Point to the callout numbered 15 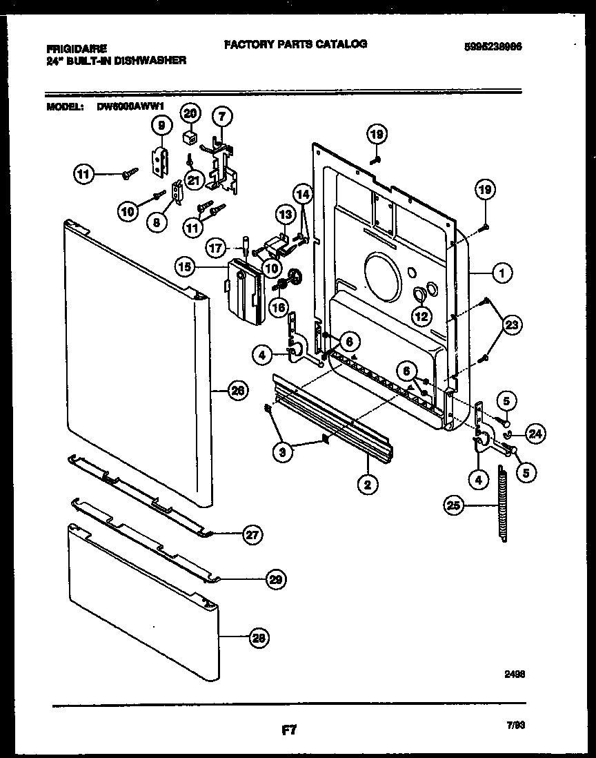186,265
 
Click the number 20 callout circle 190,113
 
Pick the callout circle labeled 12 421,316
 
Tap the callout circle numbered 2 368,485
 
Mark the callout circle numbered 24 535,434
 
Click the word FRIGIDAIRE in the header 77,49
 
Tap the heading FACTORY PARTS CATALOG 295,44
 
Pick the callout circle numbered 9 161,125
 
